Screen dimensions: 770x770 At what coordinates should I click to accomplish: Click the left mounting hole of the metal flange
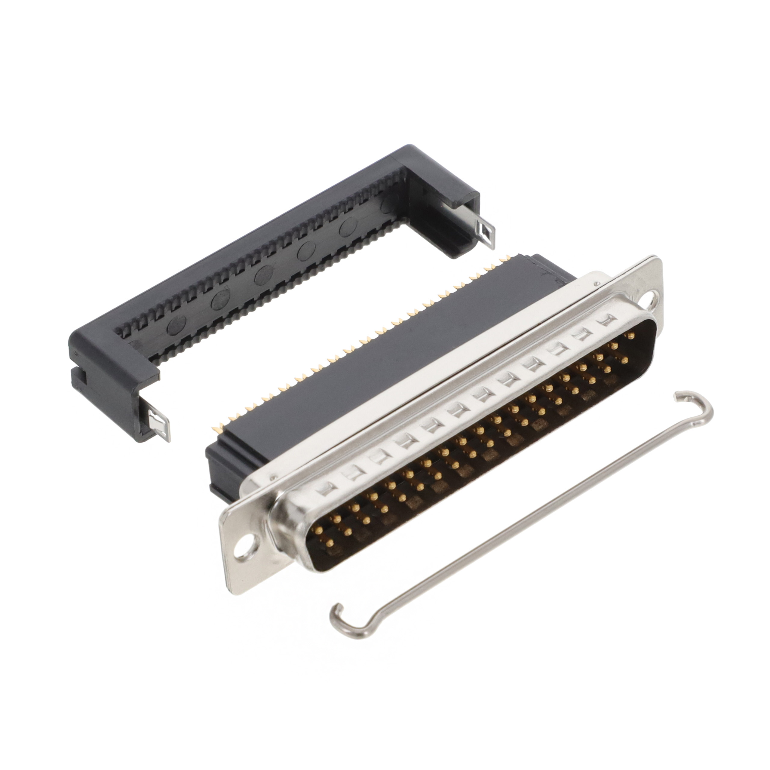(242, 554)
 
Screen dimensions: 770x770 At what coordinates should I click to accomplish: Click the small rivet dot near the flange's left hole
(273, 476)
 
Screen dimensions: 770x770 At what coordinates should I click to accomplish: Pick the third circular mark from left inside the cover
(263, 275)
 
